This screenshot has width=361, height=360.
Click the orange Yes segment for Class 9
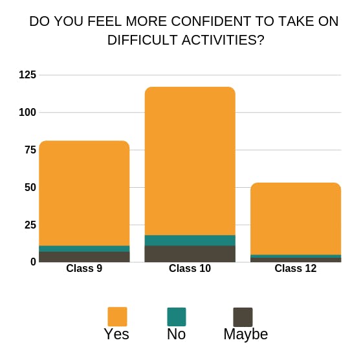(84, 193)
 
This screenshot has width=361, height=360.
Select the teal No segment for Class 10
(190, 240)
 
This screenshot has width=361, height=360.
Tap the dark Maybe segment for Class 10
(190, 254)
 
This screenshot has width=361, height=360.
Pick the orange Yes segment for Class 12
(296, 219)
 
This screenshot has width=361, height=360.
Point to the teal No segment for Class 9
(84, 249)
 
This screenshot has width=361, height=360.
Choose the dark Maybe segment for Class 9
(84, 257)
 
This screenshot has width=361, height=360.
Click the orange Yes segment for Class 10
(190, 161)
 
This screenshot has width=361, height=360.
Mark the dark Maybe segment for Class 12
(296, 260)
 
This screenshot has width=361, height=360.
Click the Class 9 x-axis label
(84, 268)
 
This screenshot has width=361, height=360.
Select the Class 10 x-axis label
(190, 268)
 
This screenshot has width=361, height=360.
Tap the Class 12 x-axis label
(296, 268)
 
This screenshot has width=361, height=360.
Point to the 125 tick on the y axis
(28, 75)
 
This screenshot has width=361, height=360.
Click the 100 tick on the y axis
(28, 113)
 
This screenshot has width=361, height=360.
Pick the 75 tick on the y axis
(30, 150)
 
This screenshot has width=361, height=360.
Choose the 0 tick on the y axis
(34, 262)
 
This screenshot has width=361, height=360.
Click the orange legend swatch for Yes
(117, 317)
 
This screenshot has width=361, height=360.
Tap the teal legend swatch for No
(177, 317)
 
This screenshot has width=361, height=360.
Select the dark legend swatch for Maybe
(243, 317)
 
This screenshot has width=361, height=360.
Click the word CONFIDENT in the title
(211, 21)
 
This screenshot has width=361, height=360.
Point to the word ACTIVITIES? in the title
(223, 40)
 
